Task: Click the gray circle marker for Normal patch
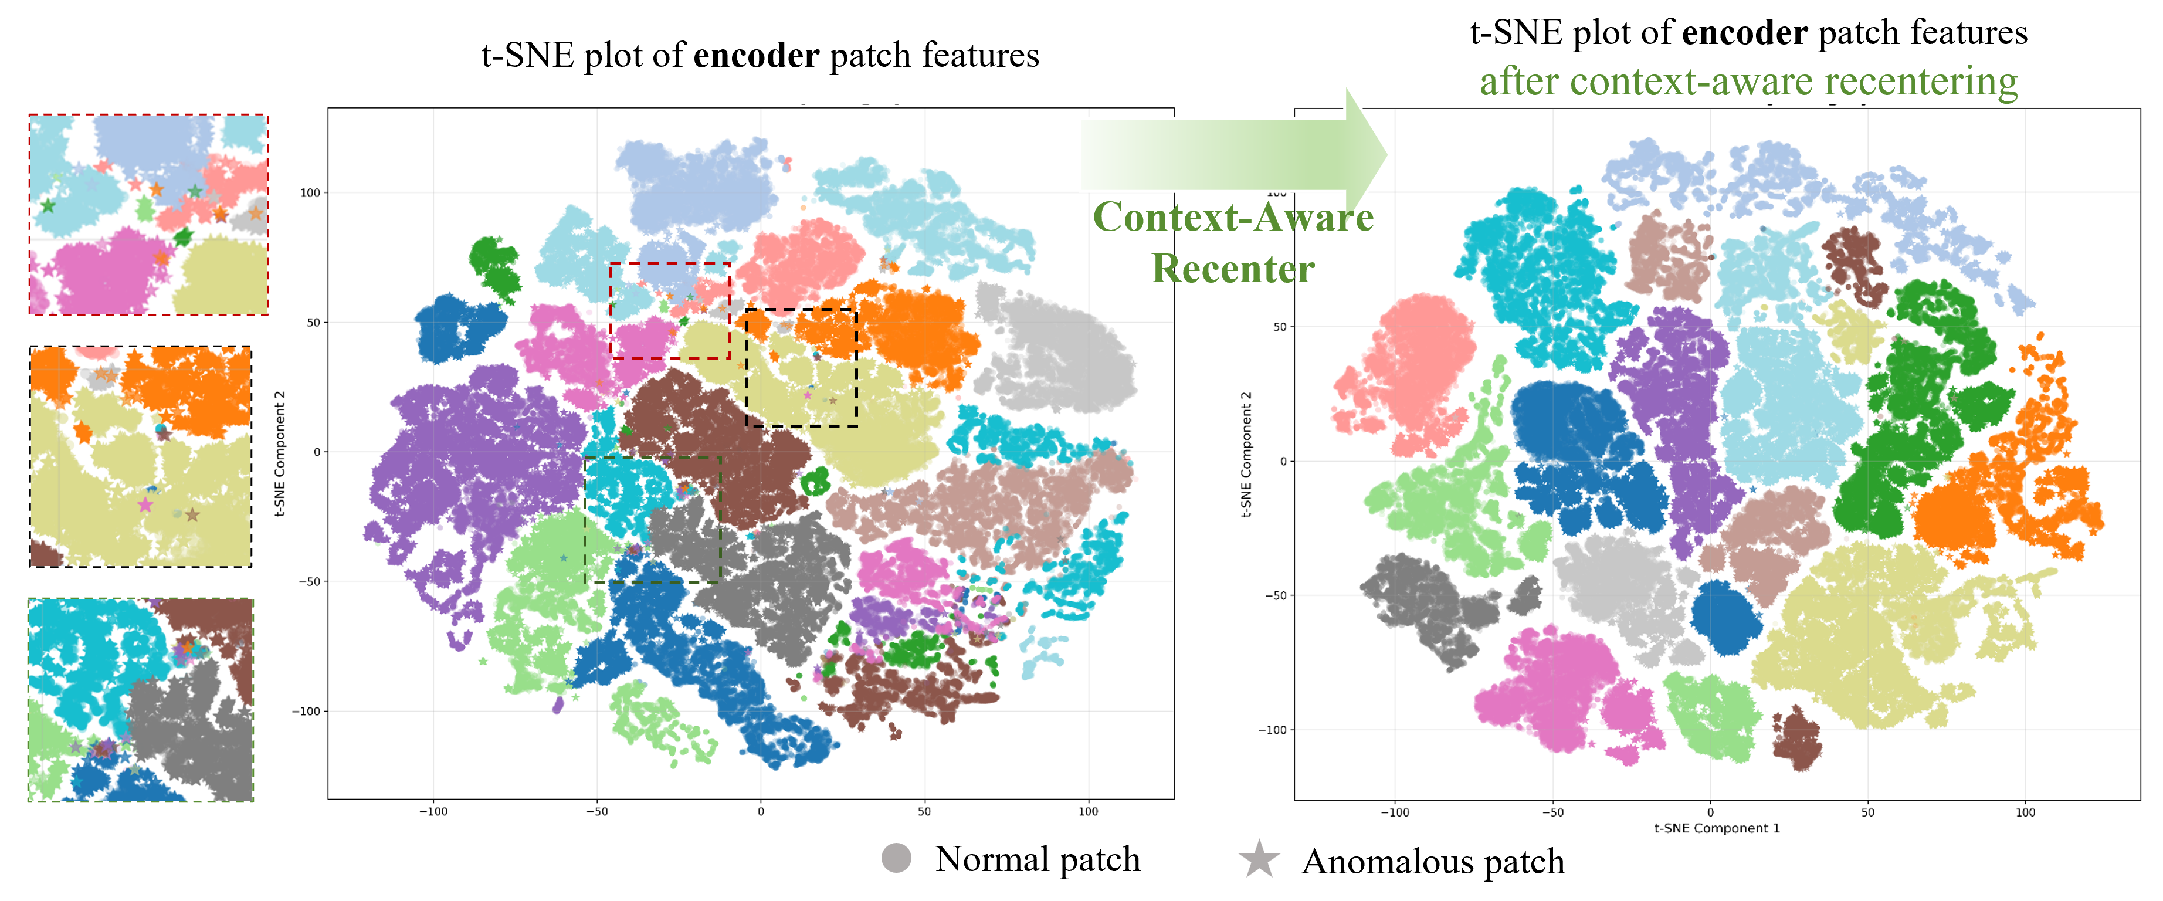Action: (896, 858)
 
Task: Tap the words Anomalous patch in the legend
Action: (1432, 862)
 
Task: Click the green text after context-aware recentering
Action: (1748, 82)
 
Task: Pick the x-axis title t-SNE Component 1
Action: (1716, 828)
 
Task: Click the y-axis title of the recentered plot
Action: (1246, 453)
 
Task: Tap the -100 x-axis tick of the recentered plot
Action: (1395, 812)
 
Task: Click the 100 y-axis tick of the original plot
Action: (310, 192)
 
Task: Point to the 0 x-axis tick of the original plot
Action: (761, 811)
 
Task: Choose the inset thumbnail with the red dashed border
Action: (148, 215)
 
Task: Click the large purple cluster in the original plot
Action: (470, 470)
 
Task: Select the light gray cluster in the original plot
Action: (1058, 353)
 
